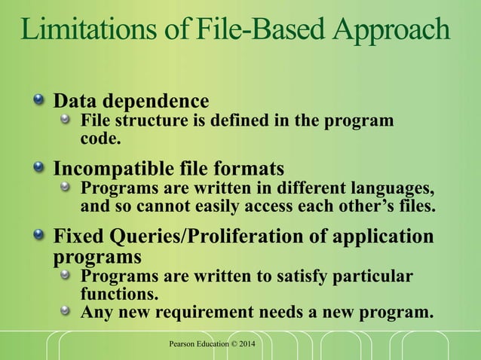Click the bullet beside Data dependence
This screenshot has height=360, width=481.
pyautogui.click(x=39, y=99)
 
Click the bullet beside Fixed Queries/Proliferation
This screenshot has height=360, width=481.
pyautogui.click(x=39, y=236)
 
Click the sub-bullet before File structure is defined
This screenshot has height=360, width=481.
pyautogui.click(x=66, y=120)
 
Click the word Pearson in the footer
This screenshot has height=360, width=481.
pyautogui.click(x=186, y=345)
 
